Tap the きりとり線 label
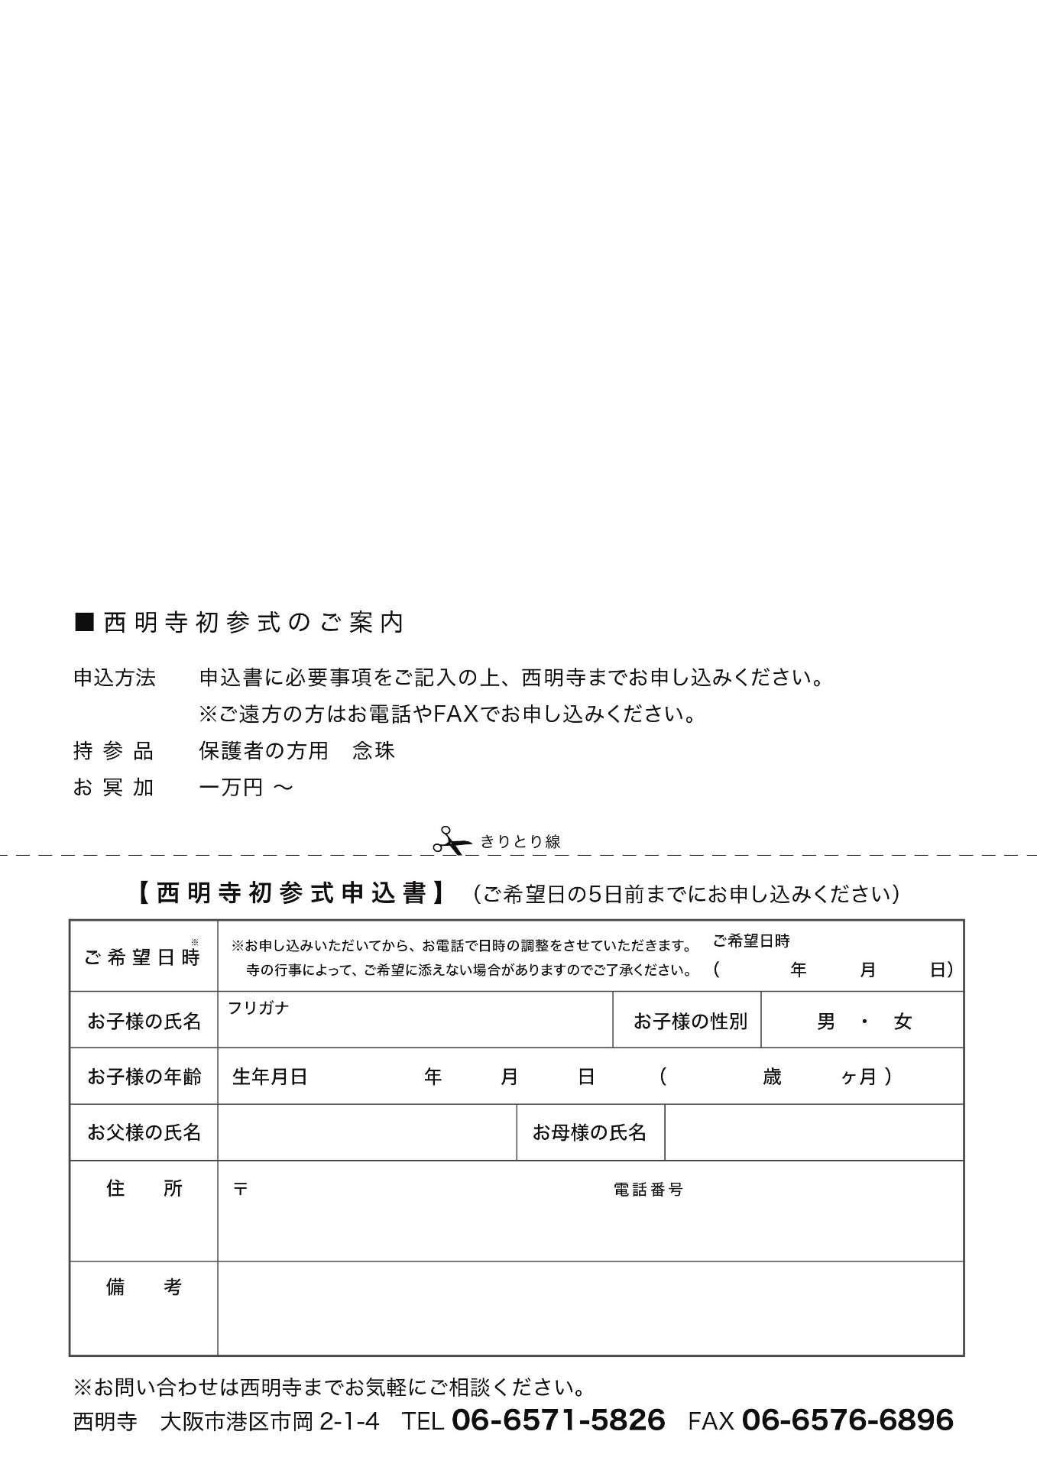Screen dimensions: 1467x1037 click(x=520, y=841)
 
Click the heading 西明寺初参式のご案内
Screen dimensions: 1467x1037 click(x=253, y=623)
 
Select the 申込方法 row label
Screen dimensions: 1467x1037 click(x=115, y=678)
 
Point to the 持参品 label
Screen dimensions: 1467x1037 click(x=114, y=751)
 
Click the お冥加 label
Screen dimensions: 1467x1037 click(x=114, y=788)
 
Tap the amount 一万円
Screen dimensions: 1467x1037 click(x=232, y=788)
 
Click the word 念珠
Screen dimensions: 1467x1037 click(x=374, y=751)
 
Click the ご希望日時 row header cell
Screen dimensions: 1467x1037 click(x=143, y=957)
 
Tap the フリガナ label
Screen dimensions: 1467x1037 click(x=258, y=1008)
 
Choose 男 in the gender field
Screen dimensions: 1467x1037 click(x=826, y=1022)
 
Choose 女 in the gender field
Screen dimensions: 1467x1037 click(x=903, y=1022)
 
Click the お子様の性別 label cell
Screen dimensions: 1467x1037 click(x=690, y=1022)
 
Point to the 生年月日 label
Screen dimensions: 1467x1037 click(x=270, y=1077)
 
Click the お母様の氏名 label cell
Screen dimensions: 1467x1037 click(x=589, y=1132)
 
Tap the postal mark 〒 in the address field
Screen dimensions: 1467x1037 click(x=241, y=1190)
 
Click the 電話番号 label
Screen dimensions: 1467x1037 click(x=648, y=1190)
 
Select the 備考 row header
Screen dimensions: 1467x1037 click(x=144, y=1287)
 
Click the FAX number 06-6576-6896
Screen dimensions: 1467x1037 click(x=847, y=1420)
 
